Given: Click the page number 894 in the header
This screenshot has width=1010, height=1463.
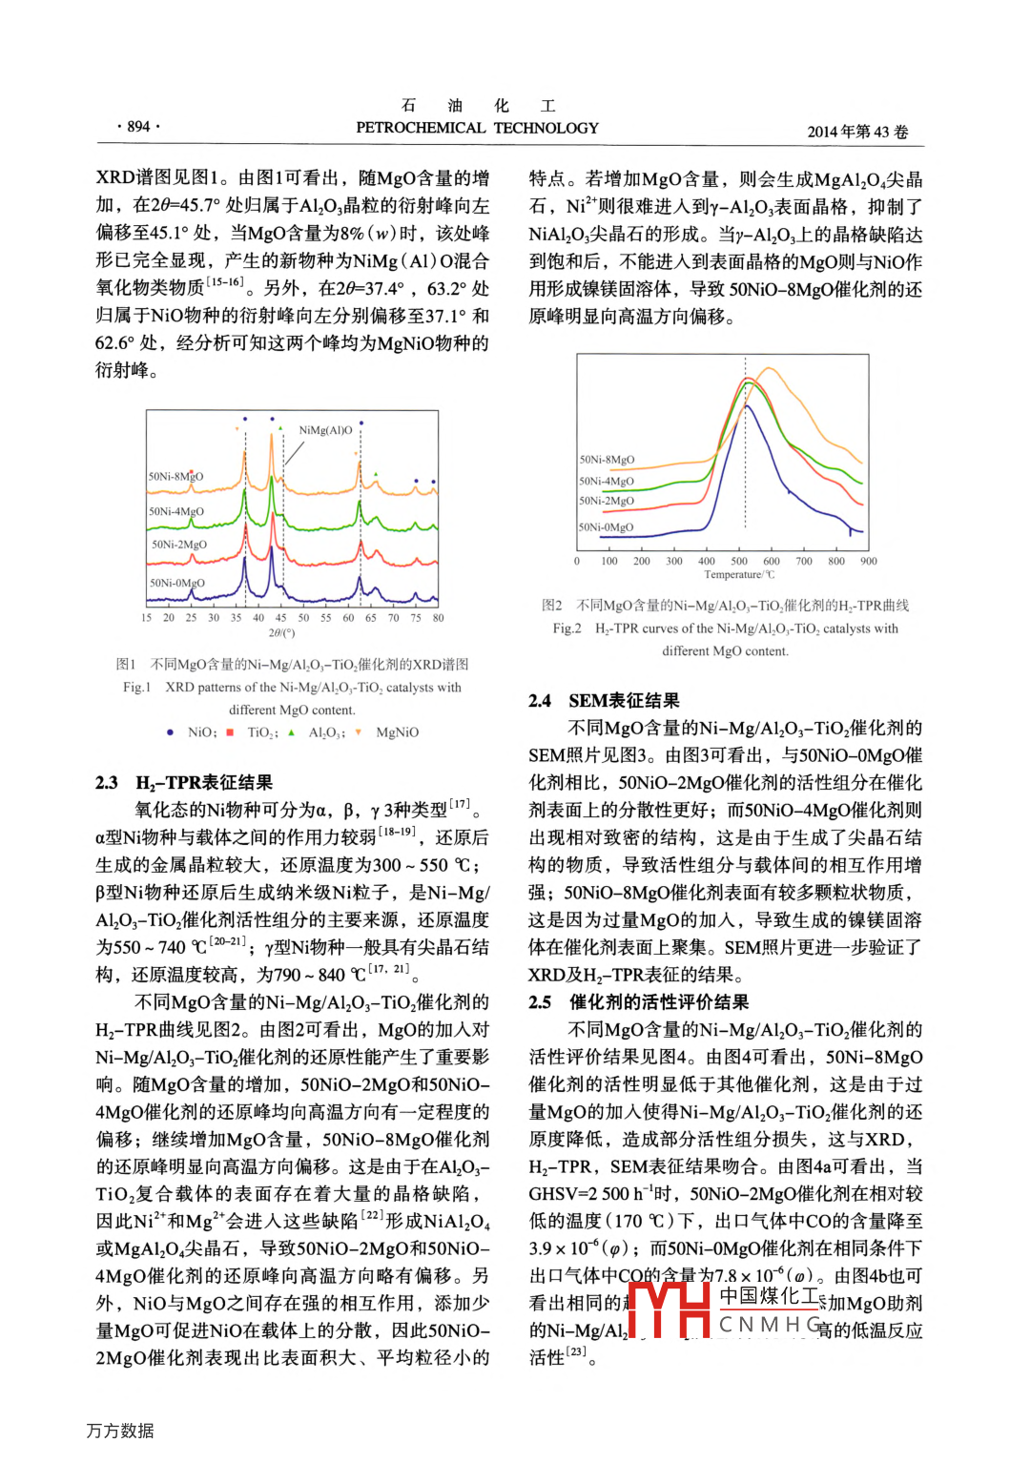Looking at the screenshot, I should [138, 127].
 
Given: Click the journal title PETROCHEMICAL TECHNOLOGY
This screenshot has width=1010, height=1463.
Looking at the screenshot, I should [477, 128].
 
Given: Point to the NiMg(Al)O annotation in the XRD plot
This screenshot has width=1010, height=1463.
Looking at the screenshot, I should [325, 430].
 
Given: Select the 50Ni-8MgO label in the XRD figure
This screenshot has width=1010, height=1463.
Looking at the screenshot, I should [175, 476].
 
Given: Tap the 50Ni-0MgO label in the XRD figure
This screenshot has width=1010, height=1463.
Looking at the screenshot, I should [176, 583].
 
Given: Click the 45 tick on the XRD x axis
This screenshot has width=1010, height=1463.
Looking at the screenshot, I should [280, 618].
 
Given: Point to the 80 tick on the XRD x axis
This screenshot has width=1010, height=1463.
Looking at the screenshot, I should [438, 618].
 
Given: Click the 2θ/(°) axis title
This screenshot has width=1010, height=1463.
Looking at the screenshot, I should [281, 632].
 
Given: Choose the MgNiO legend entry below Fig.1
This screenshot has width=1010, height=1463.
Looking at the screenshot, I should [397, 732].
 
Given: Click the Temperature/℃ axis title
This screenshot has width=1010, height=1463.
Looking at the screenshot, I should [739, 574].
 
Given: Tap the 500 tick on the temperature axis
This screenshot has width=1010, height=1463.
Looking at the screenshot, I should [739, 561].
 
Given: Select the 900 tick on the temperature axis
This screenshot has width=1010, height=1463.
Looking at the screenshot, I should [869, 561].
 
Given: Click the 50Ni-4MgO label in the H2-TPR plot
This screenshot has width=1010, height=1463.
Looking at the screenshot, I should [607, 482].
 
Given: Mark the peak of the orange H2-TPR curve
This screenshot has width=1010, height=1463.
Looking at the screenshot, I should [767, 368].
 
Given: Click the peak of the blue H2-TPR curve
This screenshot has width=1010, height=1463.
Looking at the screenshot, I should [748, 405].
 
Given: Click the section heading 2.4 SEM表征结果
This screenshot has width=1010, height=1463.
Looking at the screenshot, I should [604, 701].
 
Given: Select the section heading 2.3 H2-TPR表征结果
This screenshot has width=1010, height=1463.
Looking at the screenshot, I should [184, 783].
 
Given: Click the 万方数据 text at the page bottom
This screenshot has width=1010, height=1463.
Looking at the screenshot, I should [120, 1431].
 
